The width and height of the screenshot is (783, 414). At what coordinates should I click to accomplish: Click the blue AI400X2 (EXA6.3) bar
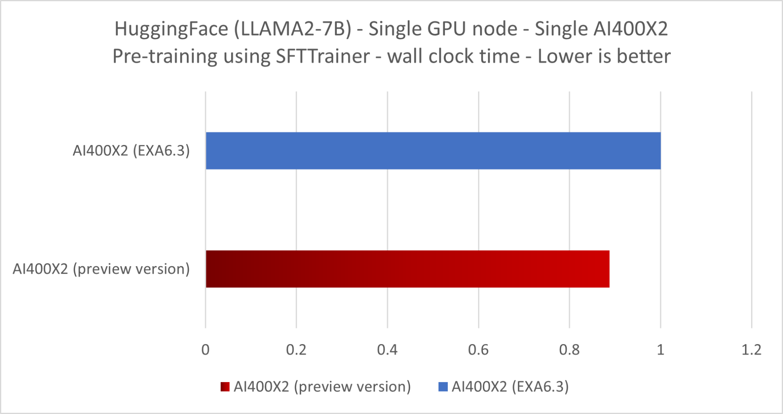(x=433, y=151)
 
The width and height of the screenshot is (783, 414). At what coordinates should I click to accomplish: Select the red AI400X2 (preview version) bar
(x=407, y=269)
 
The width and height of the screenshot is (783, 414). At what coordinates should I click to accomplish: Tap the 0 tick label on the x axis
(x=206, y=350)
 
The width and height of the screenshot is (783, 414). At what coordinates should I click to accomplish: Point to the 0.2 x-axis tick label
(x=296, y=350)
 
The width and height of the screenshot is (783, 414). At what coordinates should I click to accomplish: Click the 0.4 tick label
(x=387, y=350)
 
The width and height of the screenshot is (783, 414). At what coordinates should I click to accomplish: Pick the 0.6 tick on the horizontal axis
(x=478, y=350)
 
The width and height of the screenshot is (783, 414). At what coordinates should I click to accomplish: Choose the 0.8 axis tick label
(x=569, y=350)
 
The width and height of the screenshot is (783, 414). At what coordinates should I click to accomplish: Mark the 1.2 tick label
(x=751, y=350)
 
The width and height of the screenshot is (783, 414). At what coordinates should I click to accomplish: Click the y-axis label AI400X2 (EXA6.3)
(x=131, y=151)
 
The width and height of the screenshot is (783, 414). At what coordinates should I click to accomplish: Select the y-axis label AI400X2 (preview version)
(x=101, y=269)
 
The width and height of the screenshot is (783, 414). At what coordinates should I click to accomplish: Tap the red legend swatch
(x=225, y=387)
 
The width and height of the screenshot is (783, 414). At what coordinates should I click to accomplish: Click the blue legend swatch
(x=443, y=387)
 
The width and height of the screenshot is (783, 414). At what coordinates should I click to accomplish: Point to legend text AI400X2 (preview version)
(x=322, y=387)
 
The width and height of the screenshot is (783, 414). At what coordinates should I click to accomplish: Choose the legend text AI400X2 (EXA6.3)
(x=510, y=387)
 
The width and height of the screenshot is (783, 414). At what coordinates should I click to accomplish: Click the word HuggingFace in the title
(x=171, y=29)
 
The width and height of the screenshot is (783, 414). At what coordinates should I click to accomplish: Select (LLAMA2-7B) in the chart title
(x=292, y=29)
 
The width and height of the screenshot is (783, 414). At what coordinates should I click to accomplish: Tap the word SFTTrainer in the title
(x=323, y=56)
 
